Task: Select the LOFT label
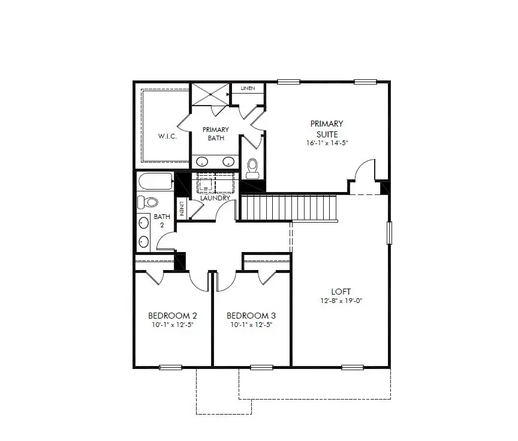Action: pyautogui.click(x=341, y=293)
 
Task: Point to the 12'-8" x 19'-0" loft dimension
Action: pyautogui.click(x=341, y=302)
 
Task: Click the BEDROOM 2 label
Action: pyautogui.click(x=173, y=316)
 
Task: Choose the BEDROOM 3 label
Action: pyautogui.click(x=251, y=316)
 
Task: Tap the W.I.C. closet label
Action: pyautogui.click(x=167, y=136)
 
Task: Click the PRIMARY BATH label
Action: pyautogui.click(x=216, y=133)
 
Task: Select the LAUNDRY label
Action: pyautogui.click(x=216, y=198)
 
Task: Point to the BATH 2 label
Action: pyautogui.click(x=162, y=221)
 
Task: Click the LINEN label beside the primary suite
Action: pyautogui.click(x=248, y=89)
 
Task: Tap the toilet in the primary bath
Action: pyautogui.click(x=252, y=166)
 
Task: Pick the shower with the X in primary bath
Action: pyautogui.click(x=210, y=94)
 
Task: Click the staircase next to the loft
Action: pyautogui.click(x=288, y=207)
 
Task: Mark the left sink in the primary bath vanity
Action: pyautogui.click(x=203, y=161)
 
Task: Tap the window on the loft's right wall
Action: pyautogui.click(x=390, y=232)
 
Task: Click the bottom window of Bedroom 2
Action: pyautogui.click(x=170, y=367)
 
